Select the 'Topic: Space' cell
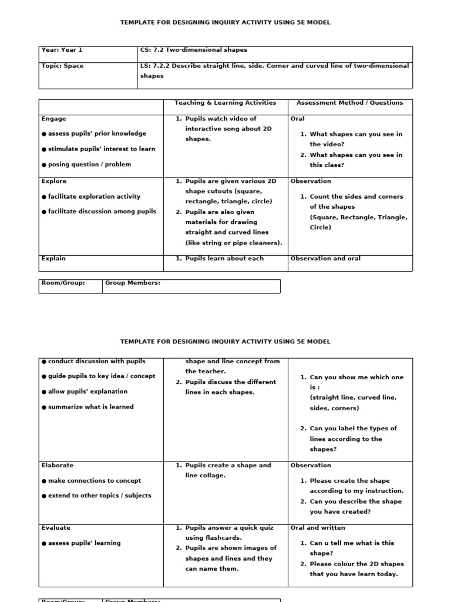click(62, 66)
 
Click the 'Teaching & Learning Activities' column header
click(225, 103)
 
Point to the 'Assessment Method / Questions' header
click(349, 103)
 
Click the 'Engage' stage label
click(54, 119)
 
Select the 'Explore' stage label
click(54, 181)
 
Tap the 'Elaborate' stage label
click(58, 465)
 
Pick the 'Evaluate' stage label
click(56, 528)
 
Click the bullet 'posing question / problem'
click(89, 165)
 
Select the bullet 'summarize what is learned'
click(90, 407)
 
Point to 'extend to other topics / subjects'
click(99, 496)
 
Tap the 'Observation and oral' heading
click(325, 259)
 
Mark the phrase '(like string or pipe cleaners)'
click(234, 243)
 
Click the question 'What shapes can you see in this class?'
click(356, 160)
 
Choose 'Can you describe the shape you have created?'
click(356, 507)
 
